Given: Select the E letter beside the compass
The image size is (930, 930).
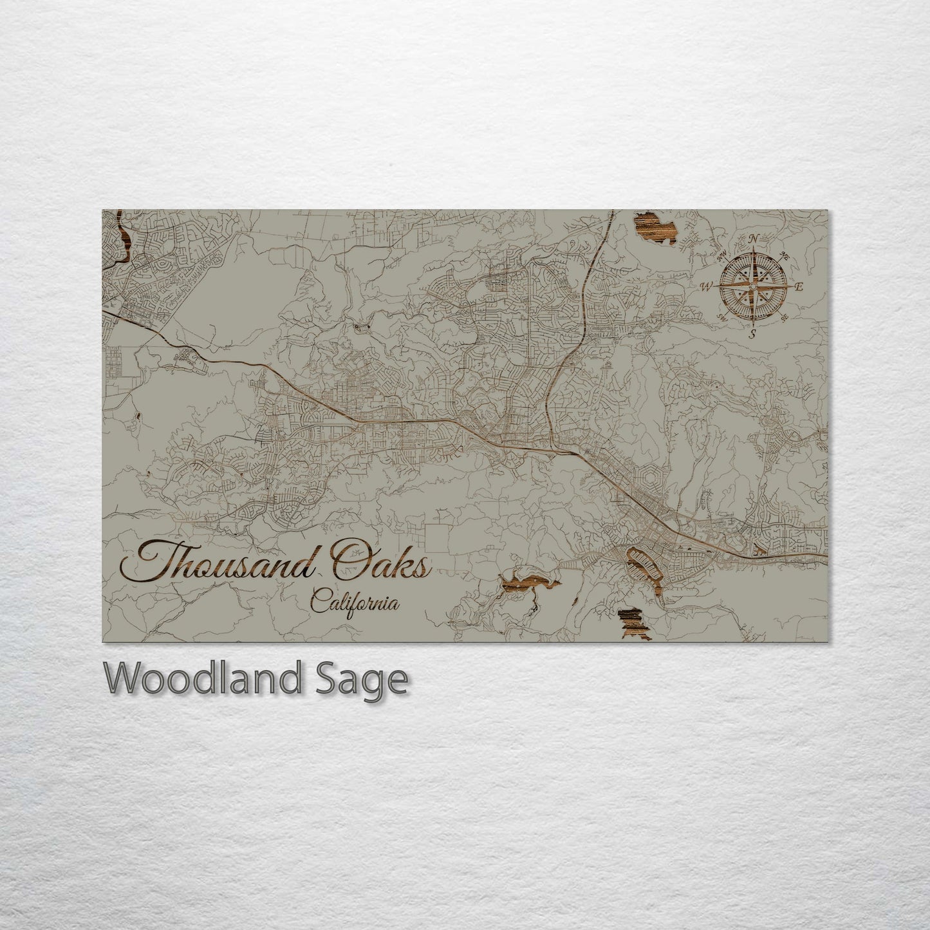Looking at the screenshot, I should point(799,287).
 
